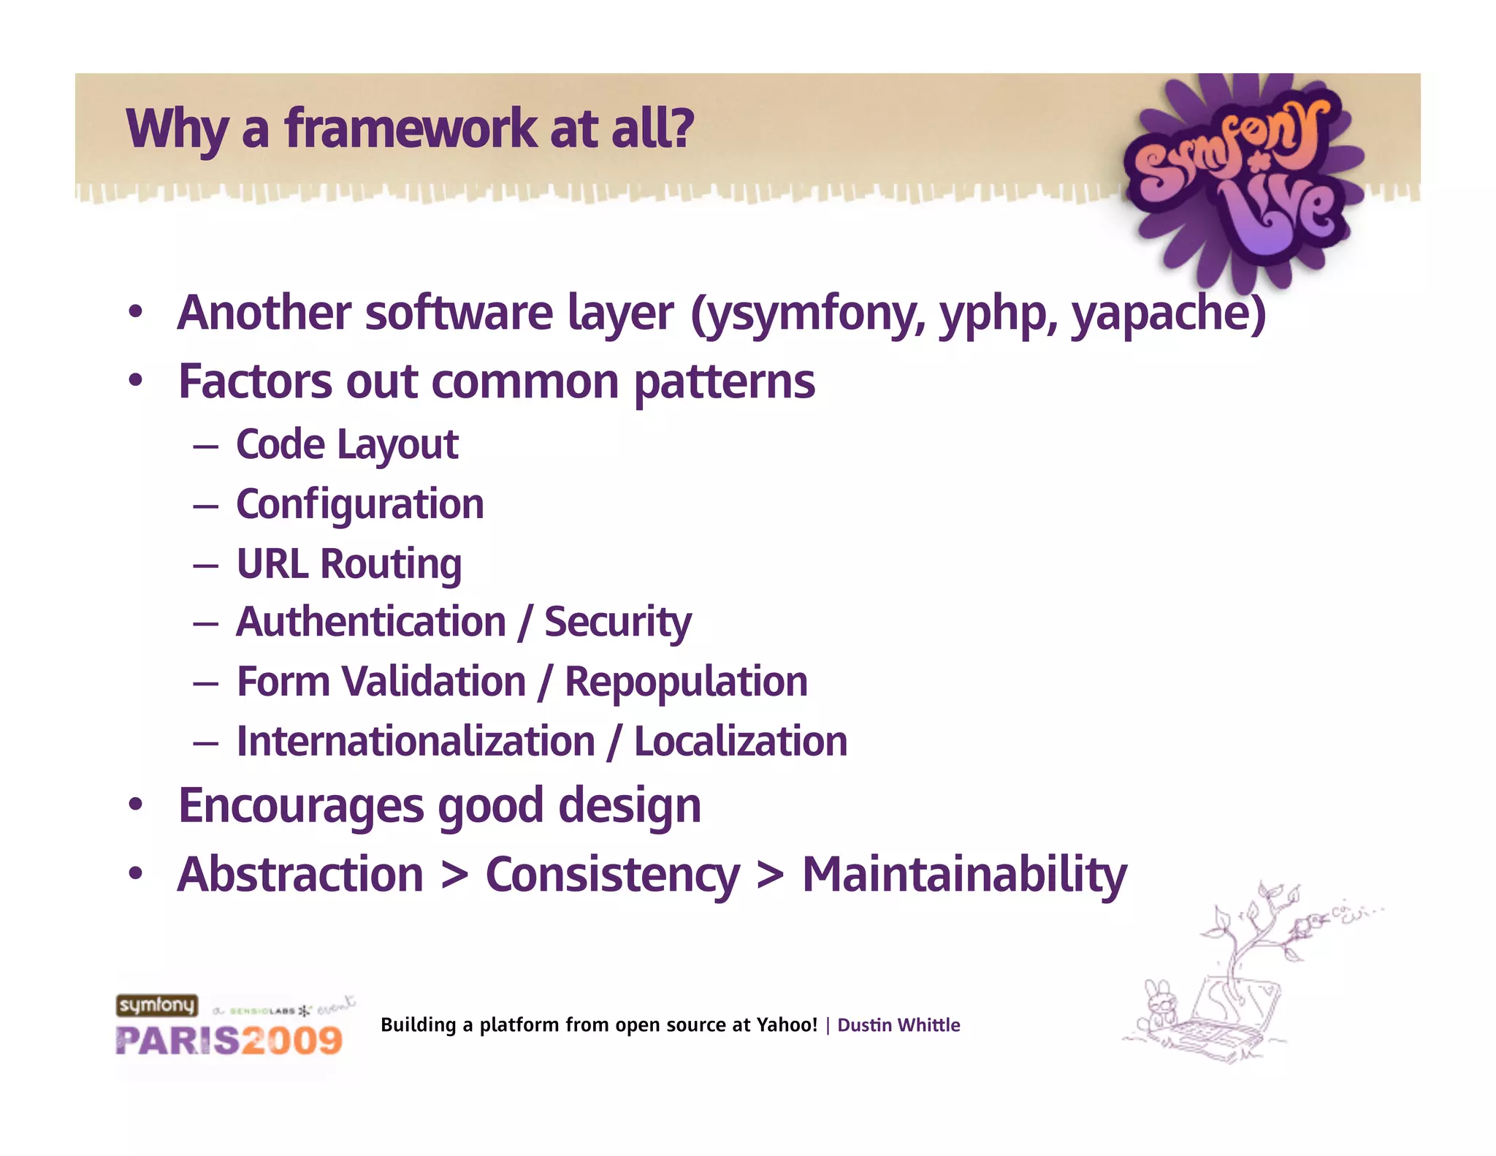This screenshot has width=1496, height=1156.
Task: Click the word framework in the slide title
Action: pos(411,129)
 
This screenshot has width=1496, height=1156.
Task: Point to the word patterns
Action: pos(724,382)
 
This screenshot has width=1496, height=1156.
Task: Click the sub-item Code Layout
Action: pos(347,444)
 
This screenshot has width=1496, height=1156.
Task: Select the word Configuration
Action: pos(360,504)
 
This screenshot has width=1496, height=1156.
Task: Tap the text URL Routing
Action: pos(349,564)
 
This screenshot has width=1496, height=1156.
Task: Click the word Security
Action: pos(617,623)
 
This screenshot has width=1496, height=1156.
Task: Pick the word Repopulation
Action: pos(686,682)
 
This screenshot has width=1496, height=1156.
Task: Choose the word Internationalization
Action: pos(416,742)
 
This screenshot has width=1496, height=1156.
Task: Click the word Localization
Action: pos(740,742)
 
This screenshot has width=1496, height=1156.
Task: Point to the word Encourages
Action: pos(301,806)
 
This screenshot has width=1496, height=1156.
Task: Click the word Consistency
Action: pos(612,875)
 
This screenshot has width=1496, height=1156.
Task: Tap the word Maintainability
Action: pos(964,875)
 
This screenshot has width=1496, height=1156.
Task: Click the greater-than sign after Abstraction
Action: pos(454,875)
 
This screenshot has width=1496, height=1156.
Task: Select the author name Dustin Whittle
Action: pos(898,1025)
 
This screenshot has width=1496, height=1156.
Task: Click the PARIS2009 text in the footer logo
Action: pos(229,1041)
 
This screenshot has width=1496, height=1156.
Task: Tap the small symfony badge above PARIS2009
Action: pos(156,1005)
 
